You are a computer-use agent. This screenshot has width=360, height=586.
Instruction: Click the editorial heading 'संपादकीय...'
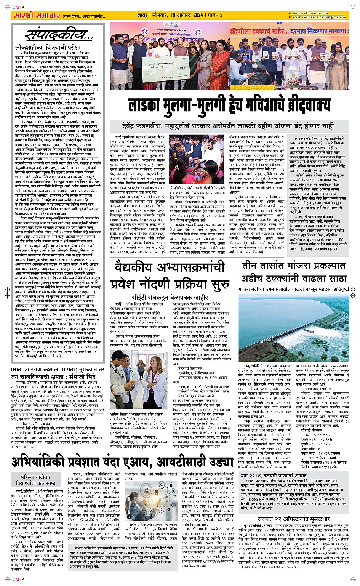click(x=59, y=35)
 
